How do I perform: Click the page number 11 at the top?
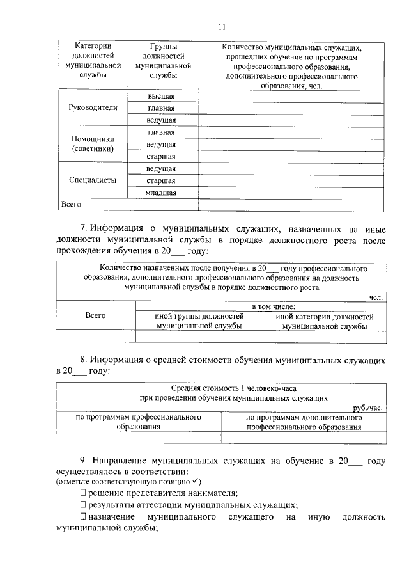[x=221, y=27]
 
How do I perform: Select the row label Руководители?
[x=93, y=108]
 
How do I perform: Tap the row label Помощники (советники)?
[x=93, y=144]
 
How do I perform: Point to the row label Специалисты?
[x=93, y=180]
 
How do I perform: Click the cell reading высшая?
[x=161, y=96]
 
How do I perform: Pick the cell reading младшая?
[x=161, y=193]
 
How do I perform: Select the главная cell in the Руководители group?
[x=161, y=108]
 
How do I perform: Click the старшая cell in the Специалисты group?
[x=161, y=180]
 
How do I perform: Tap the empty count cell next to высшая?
[x=291, y=96]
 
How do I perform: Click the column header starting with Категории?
[x=93, y=61]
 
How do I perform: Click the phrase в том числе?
[x=260, y=308]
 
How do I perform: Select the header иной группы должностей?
[x=199, y=321]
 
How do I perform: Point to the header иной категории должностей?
[x=324, y=321]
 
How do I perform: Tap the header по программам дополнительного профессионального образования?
[x=304, y=422]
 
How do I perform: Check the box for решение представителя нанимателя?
[x=83, y=493]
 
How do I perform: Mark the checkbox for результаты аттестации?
[x=83, y=504]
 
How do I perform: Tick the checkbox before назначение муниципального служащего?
[x=83, y=516]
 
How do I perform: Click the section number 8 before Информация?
[x=83, y=360]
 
